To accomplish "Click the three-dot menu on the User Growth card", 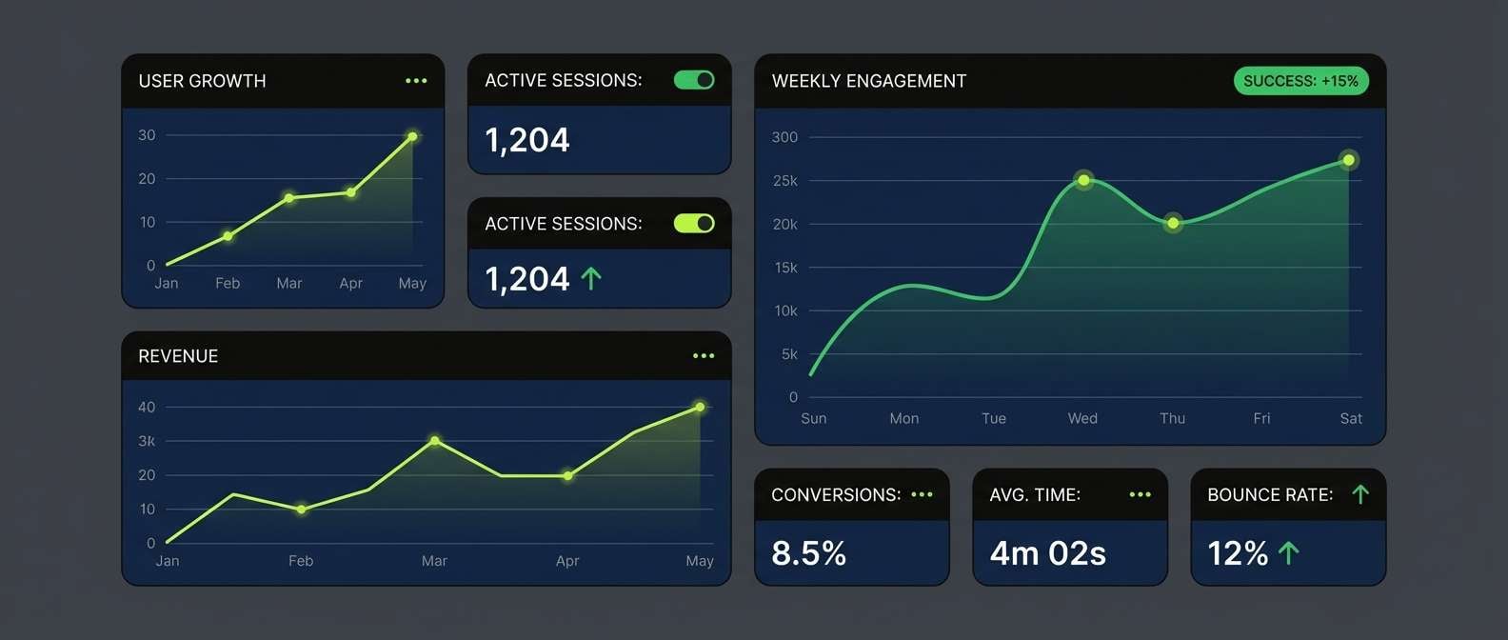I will point(416,81).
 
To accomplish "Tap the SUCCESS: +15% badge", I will point(1300,81).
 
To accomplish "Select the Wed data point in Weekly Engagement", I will point(1083,180).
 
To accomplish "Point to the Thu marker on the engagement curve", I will point(1173,223).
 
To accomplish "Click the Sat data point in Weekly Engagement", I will point(1348,160).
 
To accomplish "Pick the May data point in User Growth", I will point(412,137).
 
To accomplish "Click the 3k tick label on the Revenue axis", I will point(147,441).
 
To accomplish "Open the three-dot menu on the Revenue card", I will point(704,356).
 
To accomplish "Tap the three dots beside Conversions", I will point(922,494).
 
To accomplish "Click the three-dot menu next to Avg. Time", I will point(1140,494).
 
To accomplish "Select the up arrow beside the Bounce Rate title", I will point(1360,494).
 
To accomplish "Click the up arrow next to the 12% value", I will point(1289,553).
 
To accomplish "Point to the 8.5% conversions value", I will point(808,553).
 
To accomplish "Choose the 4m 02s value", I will point(1047,553).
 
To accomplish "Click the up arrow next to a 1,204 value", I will point(591,279).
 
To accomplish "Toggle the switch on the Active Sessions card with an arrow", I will point(694,223).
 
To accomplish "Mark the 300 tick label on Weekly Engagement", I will point(784,137).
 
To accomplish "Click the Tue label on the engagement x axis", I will point(994,418).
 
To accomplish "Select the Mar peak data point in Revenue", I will point(435,441).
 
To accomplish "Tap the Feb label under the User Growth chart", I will point(228,283).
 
